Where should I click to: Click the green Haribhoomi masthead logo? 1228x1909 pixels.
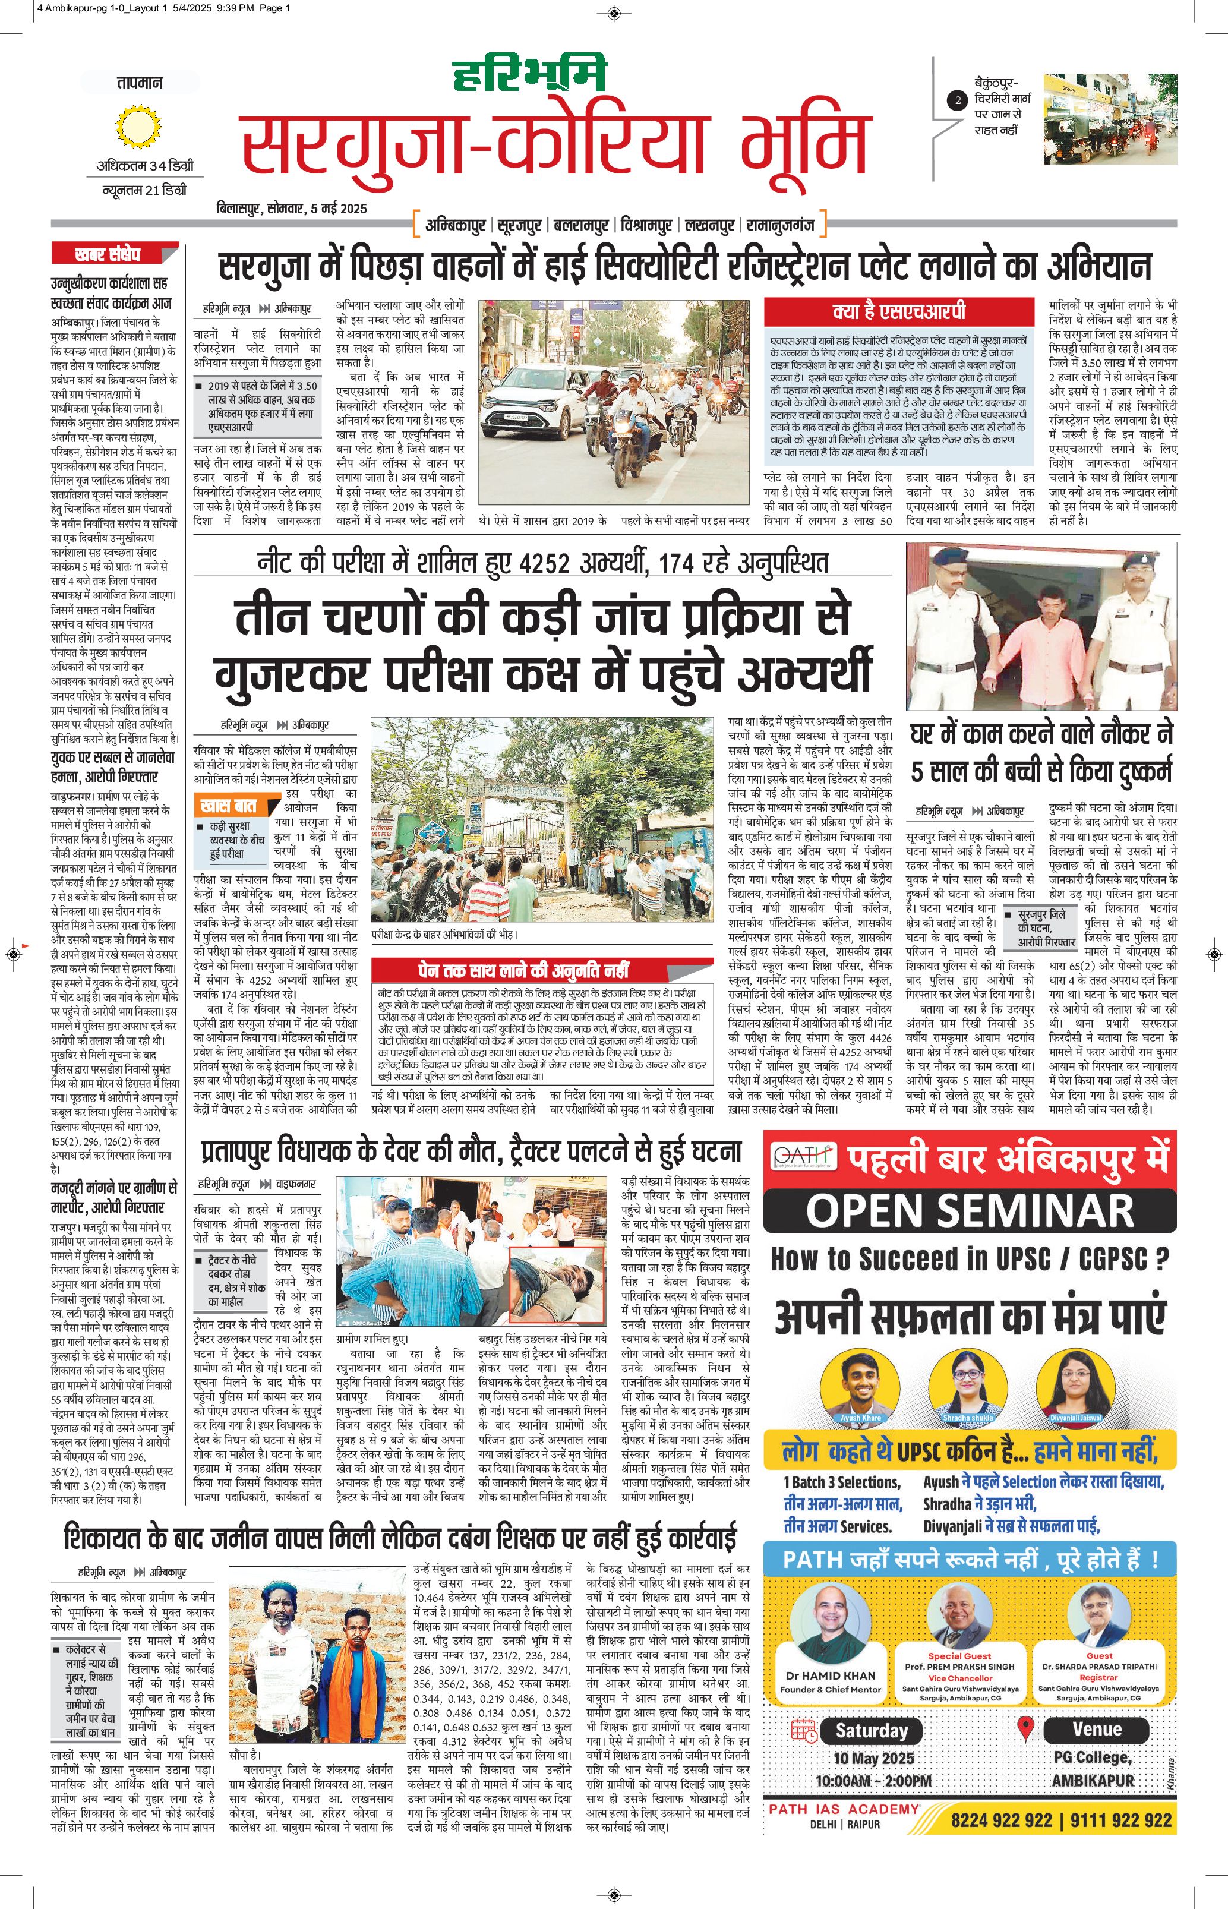click(x=529, y=73)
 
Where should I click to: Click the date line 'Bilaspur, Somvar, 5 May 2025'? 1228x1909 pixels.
click(x=292, y=208)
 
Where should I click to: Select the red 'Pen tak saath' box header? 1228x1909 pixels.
click(x=523, y=970)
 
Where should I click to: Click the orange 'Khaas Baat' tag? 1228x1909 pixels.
click(x=229, y=806)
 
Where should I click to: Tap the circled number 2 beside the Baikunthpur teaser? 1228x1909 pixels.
click(x=957, y=100)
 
